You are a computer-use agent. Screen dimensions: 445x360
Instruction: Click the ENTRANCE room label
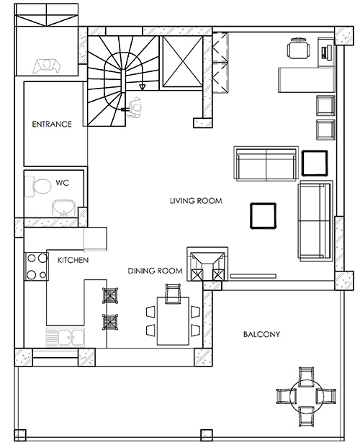[52, 124]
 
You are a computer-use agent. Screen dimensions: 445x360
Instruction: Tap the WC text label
[62, 184]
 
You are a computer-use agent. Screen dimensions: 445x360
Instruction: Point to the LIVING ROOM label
[195, 201]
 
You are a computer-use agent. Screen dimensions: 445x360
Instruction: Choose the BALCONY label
[261, 334]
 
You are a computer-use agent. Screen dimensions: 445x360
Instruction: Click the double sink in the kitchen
[64, 336]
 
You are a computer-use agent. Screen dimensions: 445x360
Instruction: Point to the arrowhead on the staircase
[143, 87]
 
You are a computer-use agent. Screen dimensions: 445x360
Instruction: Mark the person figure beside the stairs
[135, 107]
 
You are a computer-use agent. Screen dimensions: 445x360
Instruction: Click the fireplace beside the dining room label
[206, 265]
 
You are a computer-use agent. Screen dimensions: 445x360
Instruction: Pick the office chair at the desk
[296, 50]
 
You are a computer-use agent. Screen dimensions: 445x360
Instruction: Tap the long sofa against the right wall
[315, 221]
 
